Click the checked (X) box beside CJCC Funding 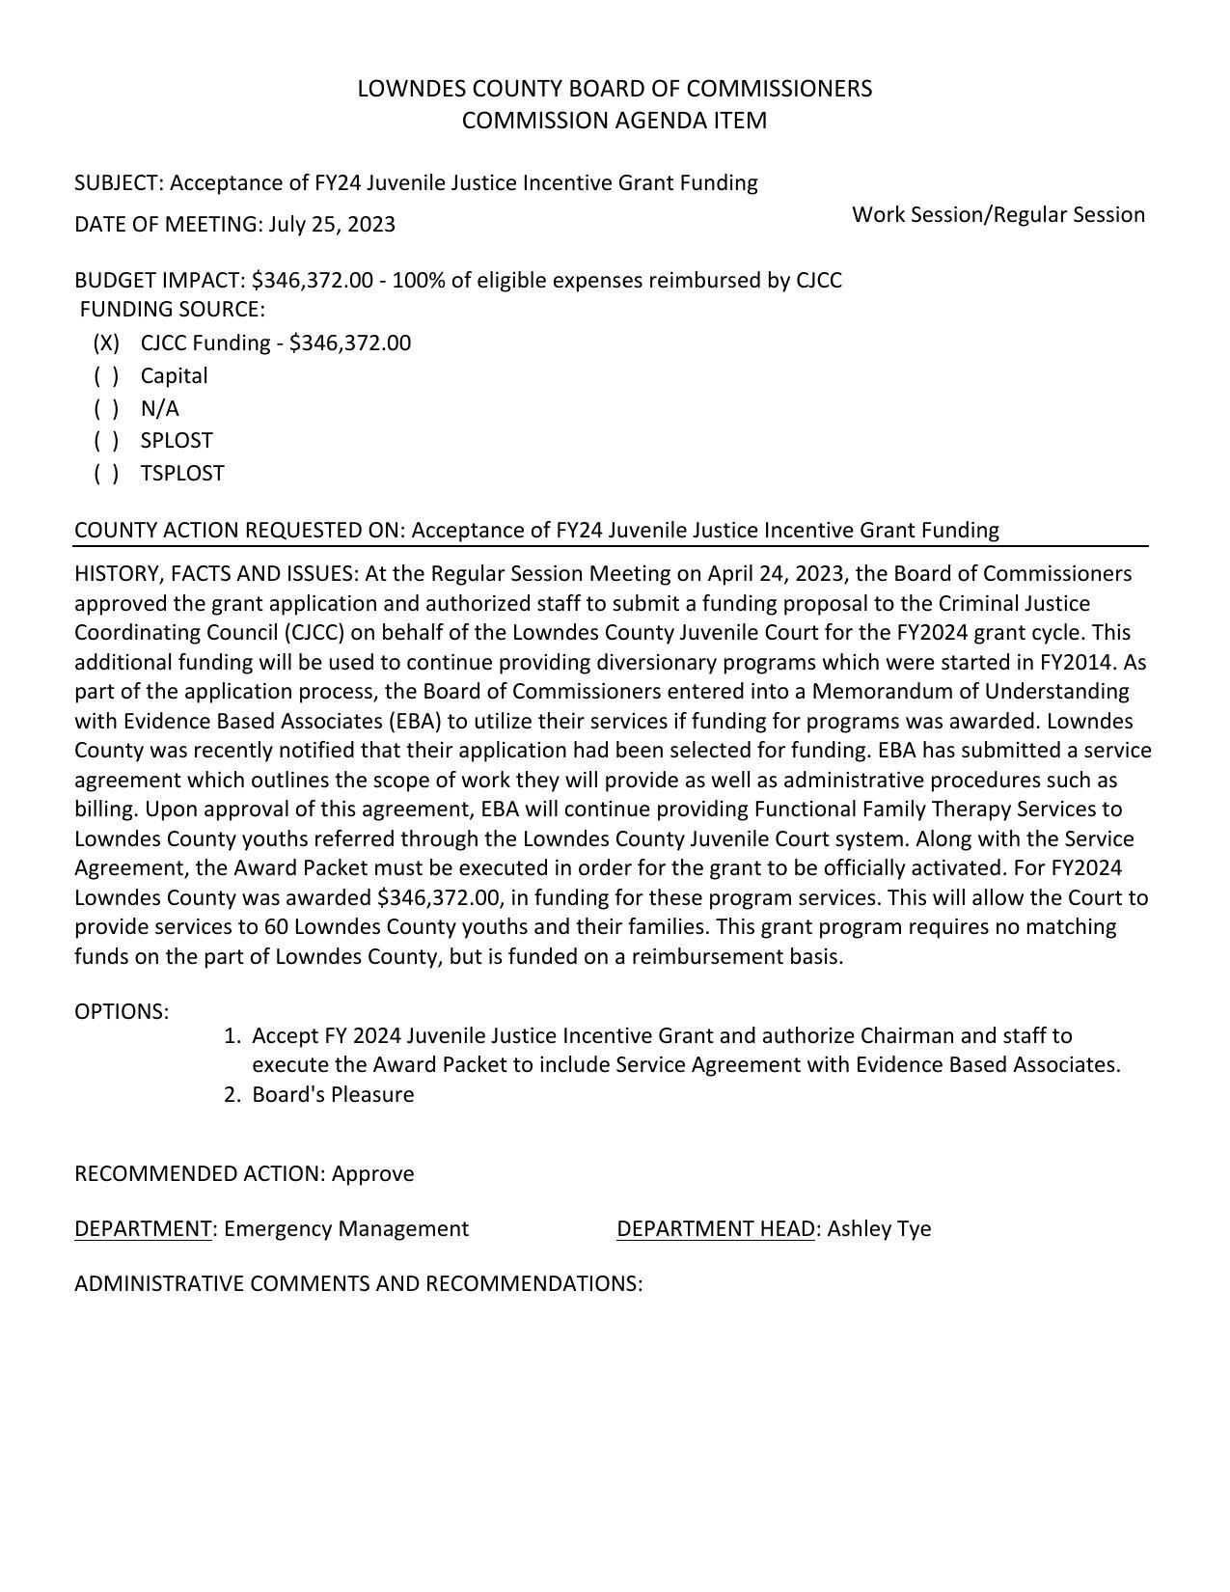pyautogui.click(x=106, y=343)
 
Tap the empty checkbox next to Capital pyautogui.click(x=106, y=376)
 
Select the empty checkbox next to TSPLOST pyautogui.click(x=106, y=474)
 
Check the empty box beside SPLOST pyautogui.click(x=106, y=441)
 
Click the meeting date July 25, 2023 pyautogui.click(x=332, y=225)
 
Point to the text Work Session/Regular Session pyautogui.click(x=998, y=215)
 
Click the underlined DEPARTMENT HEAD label pyautogui.click(x=716, y=1229)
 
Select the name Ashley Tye pyautogui.click(x=879, y=1229)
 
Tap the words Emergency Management pyautogui.click(x=346, y=1229)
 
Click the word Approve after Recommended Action pyautogui.click(x=372, y=1174)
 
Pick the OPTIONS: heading pyautogui.click(x=122, y=1012)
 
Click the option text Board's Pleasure pyautogui.click(x=333, y=1095)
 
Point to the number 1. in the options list pyautogui.click(x=232, y=1036)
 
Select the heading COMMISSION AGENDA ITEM pyautogui.click(x=615, y=121)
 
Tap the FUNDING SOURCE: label pyautogui.click(x=172, y=310)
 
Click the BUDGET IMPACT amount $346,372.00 pyautogui.click(x=312, y=281)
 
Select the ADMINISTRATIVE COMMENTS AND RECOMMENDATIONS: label pyautogui.click(x=358, y=1284)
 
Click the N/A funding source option pyautogui.click(x=160, y=408)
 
